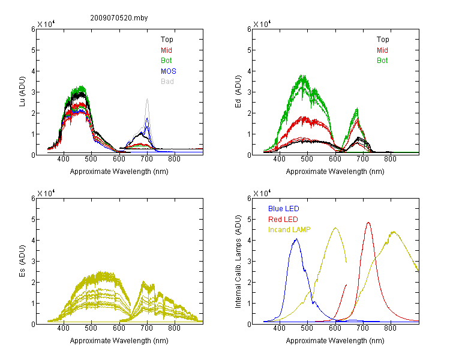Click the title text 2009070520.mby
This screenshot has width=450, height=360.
coord(119,18)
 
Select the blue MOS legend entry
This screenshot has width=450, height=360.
coord(169,71)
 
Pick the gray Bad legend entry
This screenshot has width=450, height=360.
coord(167,82)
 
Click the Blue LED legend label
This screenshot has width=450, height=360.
coord(284,209)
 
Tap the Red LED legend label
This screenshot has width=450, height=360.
coord(283,220)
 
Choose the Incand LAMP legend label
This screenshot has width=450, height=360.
coord(289,230)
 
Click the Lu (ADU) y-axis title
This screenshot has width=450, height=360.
coord(22,92)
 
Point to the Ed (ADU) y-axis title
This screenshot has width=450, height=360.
coord(238,92)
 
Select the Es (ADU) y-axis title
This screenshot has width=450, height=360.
coord(22,261)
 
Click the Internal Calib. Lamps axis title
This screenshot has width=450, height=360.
coord(238,262)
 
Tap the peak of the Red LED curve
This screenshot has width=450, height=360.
coord(368,223)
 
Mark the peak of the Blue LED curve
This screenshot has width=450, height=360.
coord(296,239)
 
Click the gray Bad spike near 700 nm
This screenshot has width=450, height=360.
coord(147,100)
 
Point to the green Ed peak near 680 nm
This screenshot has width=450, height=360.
coord(357,109)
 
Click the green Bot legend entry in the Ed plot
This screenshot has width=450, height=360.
coord(382,61)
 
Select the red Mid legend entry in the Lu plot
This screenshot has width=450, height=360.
coord(166,50)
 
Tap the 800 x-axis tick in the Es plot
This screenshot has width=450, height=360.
coord(174,328)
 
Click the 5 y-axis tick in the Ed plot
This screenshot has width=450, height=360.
coord(249,50)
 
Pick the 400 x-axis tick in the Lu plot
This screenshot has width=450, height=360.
coord(64,159)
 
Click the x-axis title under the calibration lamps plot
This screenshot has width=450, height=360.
coord(335,341)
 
